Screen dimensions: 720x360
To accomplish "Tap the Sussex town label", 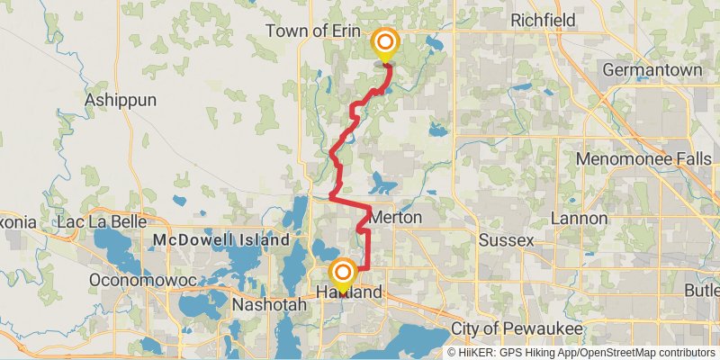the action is click(506, 240).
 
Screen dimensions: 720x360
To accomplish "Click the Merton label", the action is click(396, 219).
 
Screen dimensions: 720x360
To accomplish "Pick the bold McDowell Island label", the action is click(221, 240).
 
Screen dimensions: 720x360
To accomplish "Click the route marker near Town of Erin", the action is click(385, 44).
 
